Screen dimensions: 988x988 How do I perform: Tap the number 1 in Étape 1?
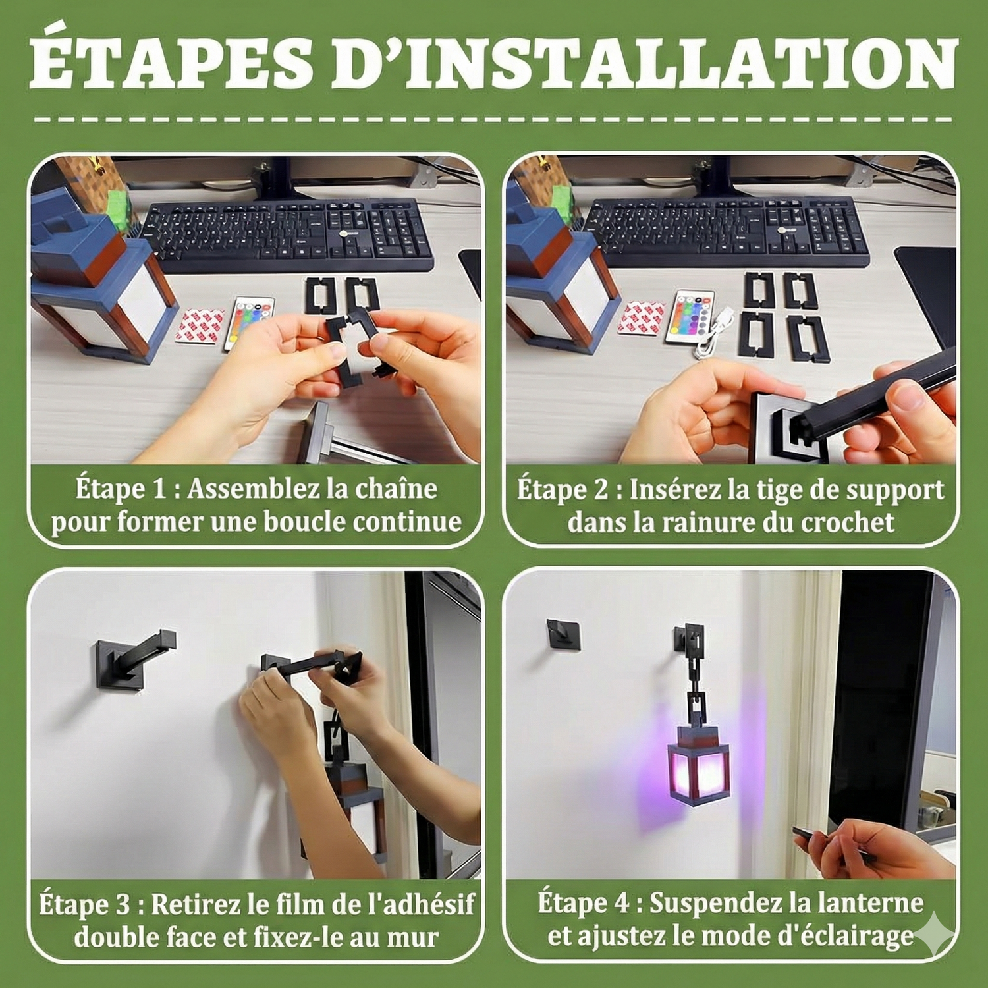(x=158, y=489)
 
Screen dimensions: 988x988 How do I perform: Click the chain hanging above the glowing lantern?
(x=694, y=678)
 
